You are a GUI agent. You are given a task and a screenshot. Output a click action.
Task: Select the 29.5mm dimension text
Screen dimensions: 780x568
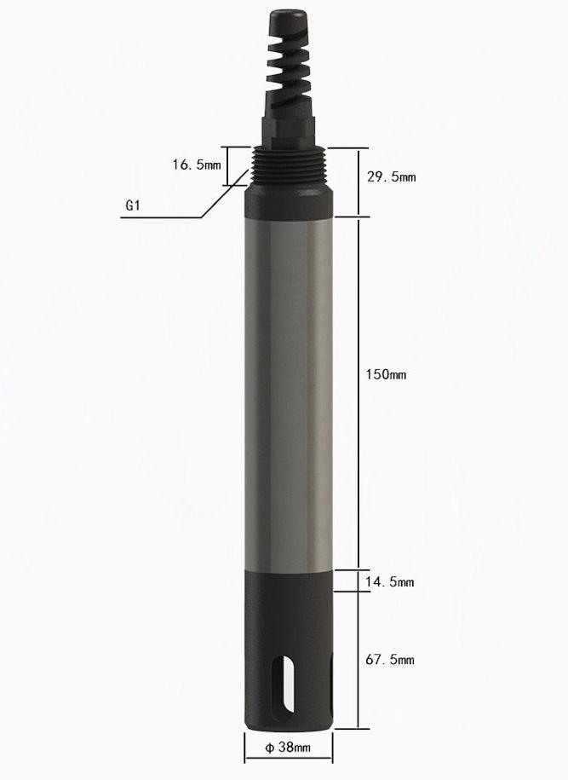pyautogui.click(x=390, y=177)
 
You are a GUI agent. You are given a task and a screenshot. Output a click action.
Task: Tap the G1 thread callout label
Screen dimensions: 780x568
pyautogui.click(x=133, y=205)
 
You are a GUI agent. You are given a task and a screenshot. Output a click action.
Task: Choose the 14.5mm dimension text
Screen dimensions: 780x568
pyautogui.click(x=388, y=582)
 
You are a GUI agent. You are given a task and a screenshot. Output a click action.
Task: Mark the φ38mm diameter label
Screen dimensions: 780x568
pyautogui.click(x=287, y=748)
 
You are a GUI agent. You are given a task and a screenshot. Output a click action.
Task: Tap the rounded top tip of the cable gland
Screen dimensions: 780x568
pyautogui.click(x=287, y=18)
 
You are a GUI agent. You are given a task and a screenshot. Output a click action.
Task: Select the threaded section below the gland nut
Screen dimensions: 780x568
pyautogui.click(x=287, y=165)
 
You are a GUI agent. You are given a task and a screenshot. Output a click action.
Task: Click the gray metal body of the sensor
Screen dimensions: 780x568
pyautogui.click(x=287, y=384)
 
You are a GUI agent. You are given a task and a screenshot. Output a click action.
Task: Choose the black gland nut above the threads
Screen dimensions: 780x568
pyautogui.click(x=287, y=128)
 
